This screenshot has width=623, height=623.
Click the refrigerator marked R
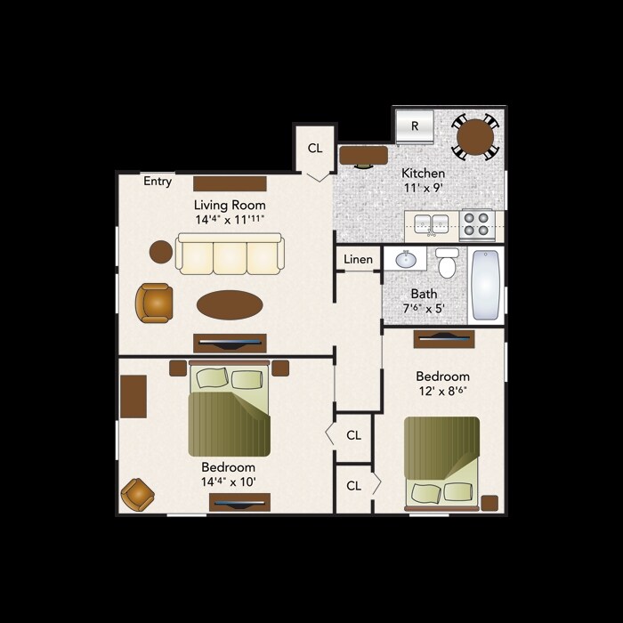click(x=415, y=125)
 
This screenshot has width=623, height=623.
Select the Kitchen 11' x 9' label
click(x=423, y=181)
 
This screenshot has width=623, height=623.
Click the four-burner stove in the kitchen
click(x=477, y=223)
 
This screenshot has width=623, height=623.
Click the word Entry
click(x=158, y=182)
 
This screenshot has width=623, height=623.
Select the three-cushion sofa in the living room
click(x=229, y=255)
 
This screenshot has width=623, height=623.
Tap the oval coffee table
click(x=230, y=304)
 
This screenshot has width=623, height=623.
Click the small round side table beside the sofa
click(x=161, y=252)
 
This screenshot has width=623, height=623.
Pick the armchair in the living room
click(x=154, y=303)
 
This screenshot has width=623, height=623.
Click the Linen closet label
click(x=358, y=259)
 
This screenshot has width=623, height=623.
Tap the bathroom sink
click(x=407, y=260)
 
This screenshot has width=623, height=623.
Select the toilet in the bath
click(x=447, y=263)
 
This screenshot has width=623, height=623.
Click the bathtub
click(x=486, y=284)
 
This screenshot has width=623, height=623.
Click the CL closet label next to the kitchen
click(x=315, y=148)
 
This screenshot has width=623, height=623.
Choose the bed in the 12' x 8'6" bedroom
click(x=442, y=462)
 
